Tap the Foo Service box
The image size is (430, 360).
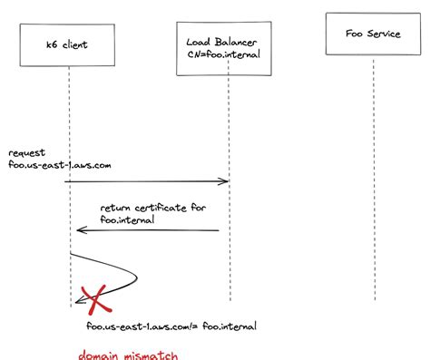click(x=373, y=36)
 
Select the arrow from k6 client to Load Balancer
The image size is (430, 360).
click(x=145, y=182)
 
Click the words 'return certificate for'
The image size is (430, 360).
click(x=153, y=208)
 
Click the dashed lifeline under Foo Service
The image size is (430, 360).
click(x=373, y=181)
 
